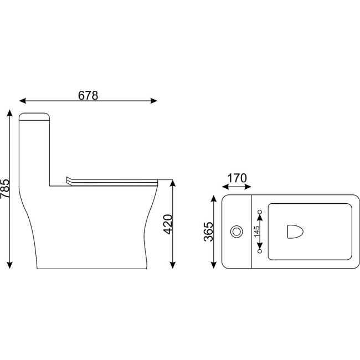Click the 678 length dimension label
point(88,95)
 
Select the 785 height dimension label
point(5,189)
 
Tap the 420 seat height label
point(168,224)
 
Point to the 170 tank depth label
point(237,178)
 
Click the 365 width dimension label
point(208,232)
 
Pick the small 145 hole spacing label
point(256,231)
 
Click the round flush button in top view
point(236,232)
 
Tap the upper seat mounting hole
point(260,212)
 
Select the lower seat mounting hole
point(260,251)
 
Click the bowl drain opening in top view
point(295,232)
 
